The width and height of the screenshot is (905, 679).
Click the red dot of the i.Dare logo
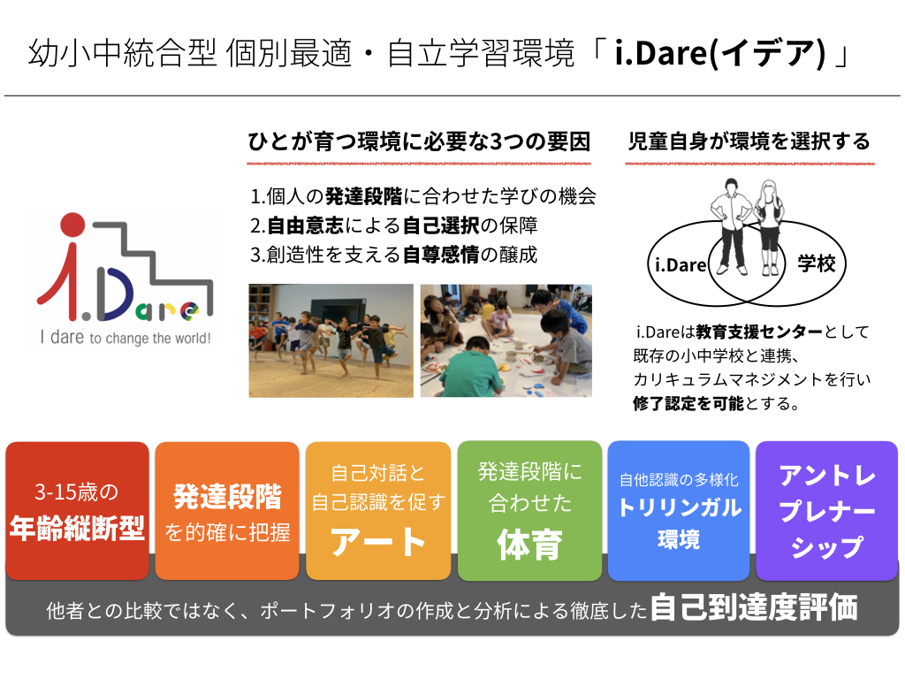72,225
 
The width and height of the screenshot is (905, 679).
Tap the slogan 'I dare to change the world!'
125,337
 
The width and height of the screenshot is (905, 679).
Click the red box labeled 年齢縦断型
78,510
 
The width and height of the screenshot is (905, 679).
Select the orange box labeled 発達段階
227,510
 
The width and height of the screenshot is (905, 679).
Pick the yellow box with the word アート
378,510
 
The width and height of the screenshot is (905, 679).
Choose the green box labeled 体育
530,510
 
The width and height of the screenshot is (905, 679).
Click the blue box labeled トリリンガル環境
679,510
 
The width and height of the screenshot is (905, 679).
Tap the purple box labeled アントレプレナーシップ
826,510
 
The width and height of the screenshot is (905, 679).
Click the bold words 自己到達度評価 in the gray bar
754,607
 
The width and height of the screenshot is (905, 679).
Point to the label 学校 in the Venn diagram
817,263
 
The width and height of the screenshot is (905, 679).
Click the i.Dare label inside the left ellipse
681,265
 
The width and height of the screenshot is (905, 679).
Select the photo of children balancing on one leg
331,340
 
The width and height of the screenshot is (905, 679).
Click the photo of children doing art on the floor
506,340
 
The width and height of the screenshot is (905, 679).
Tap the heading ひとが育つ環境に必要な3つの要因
420,141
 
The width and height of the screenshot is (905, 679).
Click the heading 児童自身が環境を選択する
749,141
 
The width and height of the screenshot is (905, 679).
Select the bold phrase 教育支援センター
759,332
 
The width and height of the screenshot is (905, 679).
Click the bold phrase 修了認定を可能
688,403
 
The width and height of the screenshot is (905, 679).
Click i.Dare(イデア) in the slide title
721,53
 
